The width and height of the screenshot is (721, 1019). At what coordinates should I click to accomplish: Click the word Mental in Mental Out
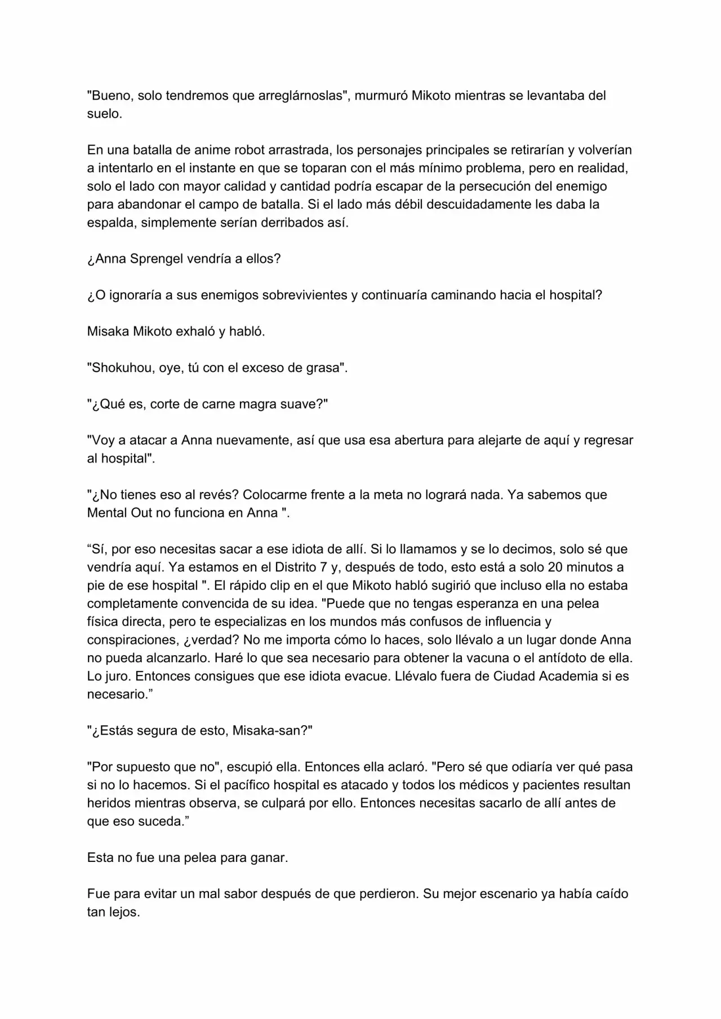pyautogui.click(x=108, y=513)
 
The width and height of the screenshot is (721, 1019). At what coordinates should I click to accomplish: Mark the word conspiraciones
pyautogui.click(x=131, y=640)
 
